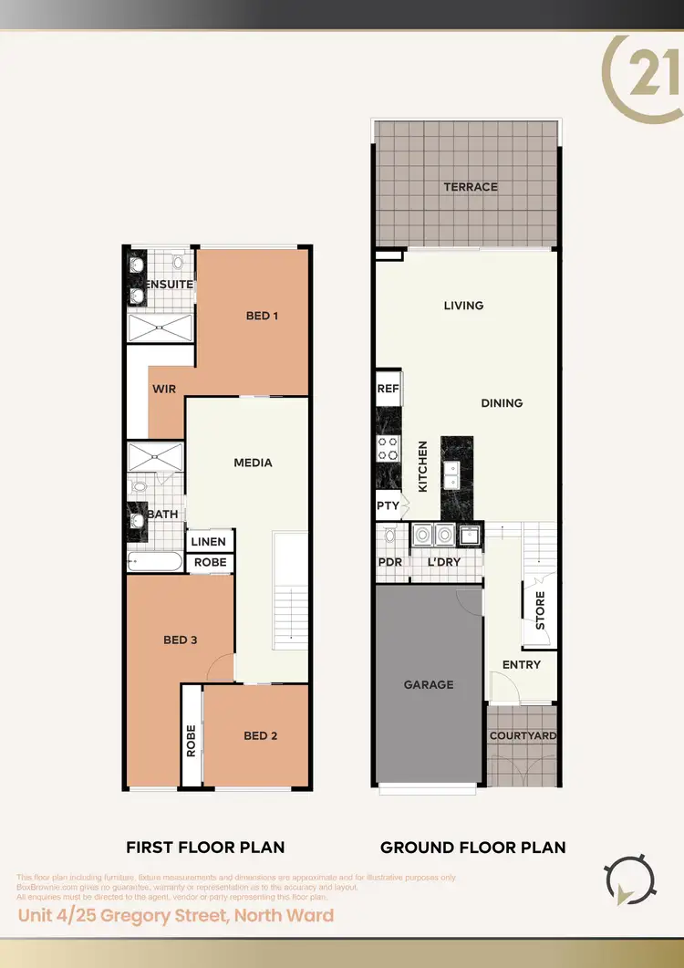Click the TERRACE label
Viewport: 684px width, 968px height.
[471, 187]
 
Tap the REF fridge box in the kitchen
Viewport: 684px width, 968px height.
[389, 389]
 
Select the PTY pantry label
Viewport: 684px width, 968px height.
[387, 505]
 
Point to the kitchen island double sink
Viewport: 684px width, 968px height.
[451, 474]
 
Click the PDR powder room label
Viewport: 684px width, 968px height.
[390, 562]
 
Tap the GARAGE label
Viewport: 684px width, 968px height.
[428, 684]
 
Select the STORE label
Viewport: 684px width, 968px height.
[539, 612]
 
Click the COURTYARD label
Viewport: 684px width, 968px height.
[523, 735]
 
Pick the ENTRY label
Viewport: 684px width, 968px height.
[522, 665]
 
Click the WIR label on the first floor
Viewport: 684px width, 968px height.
[164, 389]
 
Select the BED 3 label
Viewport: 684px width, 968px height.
[181, 640]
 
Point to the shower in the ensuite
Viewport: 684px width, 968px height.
[160, 327]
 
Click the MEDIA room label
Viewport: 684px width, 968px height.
[253, 463]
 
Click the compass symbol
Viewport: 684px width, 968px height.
[628, 880]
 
